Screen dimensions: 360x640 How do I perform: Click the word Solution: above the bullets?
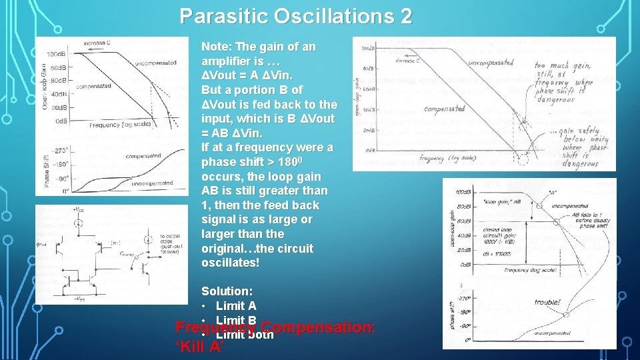point(227,292)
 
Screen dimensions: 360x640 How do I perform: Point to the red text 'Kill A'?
point(199,347)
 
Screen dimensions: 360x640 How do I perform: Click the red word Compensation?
point(319,328)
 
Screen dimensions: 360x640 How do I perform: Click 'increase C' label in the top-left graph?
point(99,43)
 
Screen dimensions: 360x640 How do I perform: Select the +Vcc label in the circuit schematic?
point(77,210)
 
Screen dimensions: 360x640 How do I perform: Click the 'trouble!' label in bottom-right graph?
point(548,302)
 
